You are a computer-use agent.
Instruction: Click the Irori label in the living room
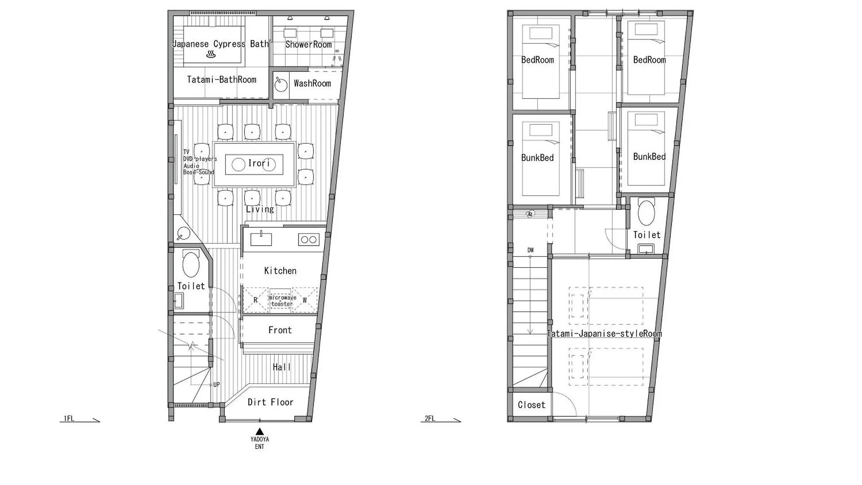click(x=259, y=163)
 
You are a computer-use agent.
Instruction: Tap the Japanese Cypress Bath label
click(x=220, y=44)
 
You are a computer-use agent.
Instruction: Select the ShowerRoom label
click(x=308, y=44)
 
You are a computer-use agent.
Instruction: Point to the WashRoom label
click(x=312, y=84)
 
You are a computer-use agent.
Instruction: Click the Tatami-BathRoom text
click(x=221, y=80)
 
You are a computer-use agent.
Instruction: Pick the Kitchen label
click(x=280, y=271)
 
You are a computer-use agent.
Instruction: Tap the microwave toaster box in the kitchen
click(x=282, y=300)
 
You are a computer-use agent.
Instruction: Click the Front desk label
click(x=280, y=331)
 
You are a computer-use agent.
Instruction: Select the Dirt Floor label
click(x=270, y=402)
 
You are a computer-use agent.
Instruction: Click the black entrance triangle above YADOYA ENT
click(x=259, y=432)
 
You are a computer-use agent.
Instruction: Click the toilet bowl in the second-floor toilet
click(x=646, y=213)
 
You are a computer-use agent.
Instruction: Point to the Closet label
click(x=532, y=405)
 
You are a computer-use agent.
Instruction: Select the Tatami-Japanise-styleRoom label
click(x=604, y=334)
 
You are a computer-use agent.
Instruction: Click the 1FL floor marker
click(x=69, y=419)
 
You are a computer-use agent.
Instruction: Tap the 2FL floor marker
click(x=430, y=419)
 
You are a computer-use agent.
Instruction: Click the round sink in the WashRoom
click(x=281, y=85)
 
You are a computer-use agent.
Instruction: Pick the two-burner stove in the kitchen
click(x=308, y=239)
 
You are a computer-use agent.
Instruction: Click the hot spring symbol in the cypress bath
click(x=211, y=54)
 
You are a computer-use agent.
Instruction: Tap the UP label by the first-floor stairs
click(x=216, y=385)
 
